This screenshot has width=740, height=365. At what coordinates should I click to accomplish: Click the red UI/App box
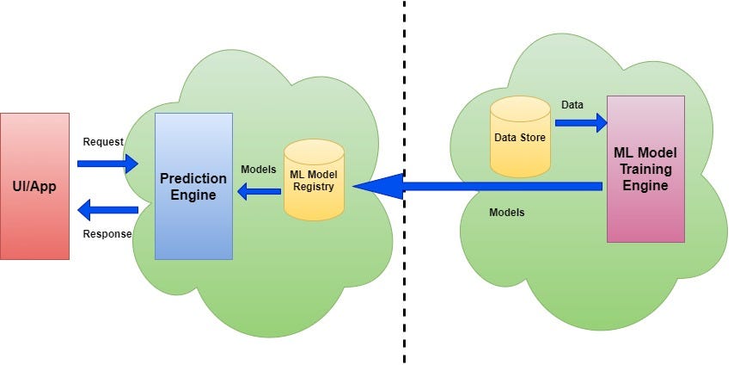[34, 185]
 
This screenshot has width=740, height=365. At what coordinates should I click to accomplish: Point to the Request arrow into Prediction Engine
[107, 163]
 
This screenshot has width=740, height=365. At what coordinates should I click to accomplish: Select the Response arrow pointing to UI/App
[107, 209]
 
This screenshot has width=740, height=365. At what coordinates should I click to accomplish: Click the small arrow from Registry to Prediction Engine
[259, 192]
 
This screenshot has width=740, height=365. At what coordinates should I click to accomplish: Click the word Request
[103, 141]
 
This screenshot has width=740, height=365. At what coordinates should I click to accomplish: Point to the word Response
[107, 233]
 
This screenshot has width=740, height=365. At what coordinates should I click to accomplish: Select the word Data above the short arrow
[572, 104]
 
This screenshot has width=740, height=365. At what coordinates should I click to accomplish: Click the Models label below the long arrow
[506, 212]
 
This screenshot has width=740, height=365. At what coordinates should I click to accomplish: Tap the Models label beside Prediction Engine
[258, 170]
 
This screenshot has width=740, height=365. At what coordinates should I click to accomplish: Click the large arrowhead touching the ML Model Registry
[378, 185]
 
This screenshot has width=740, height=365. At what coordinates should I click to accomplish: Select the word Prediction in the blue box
[193, 178]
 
